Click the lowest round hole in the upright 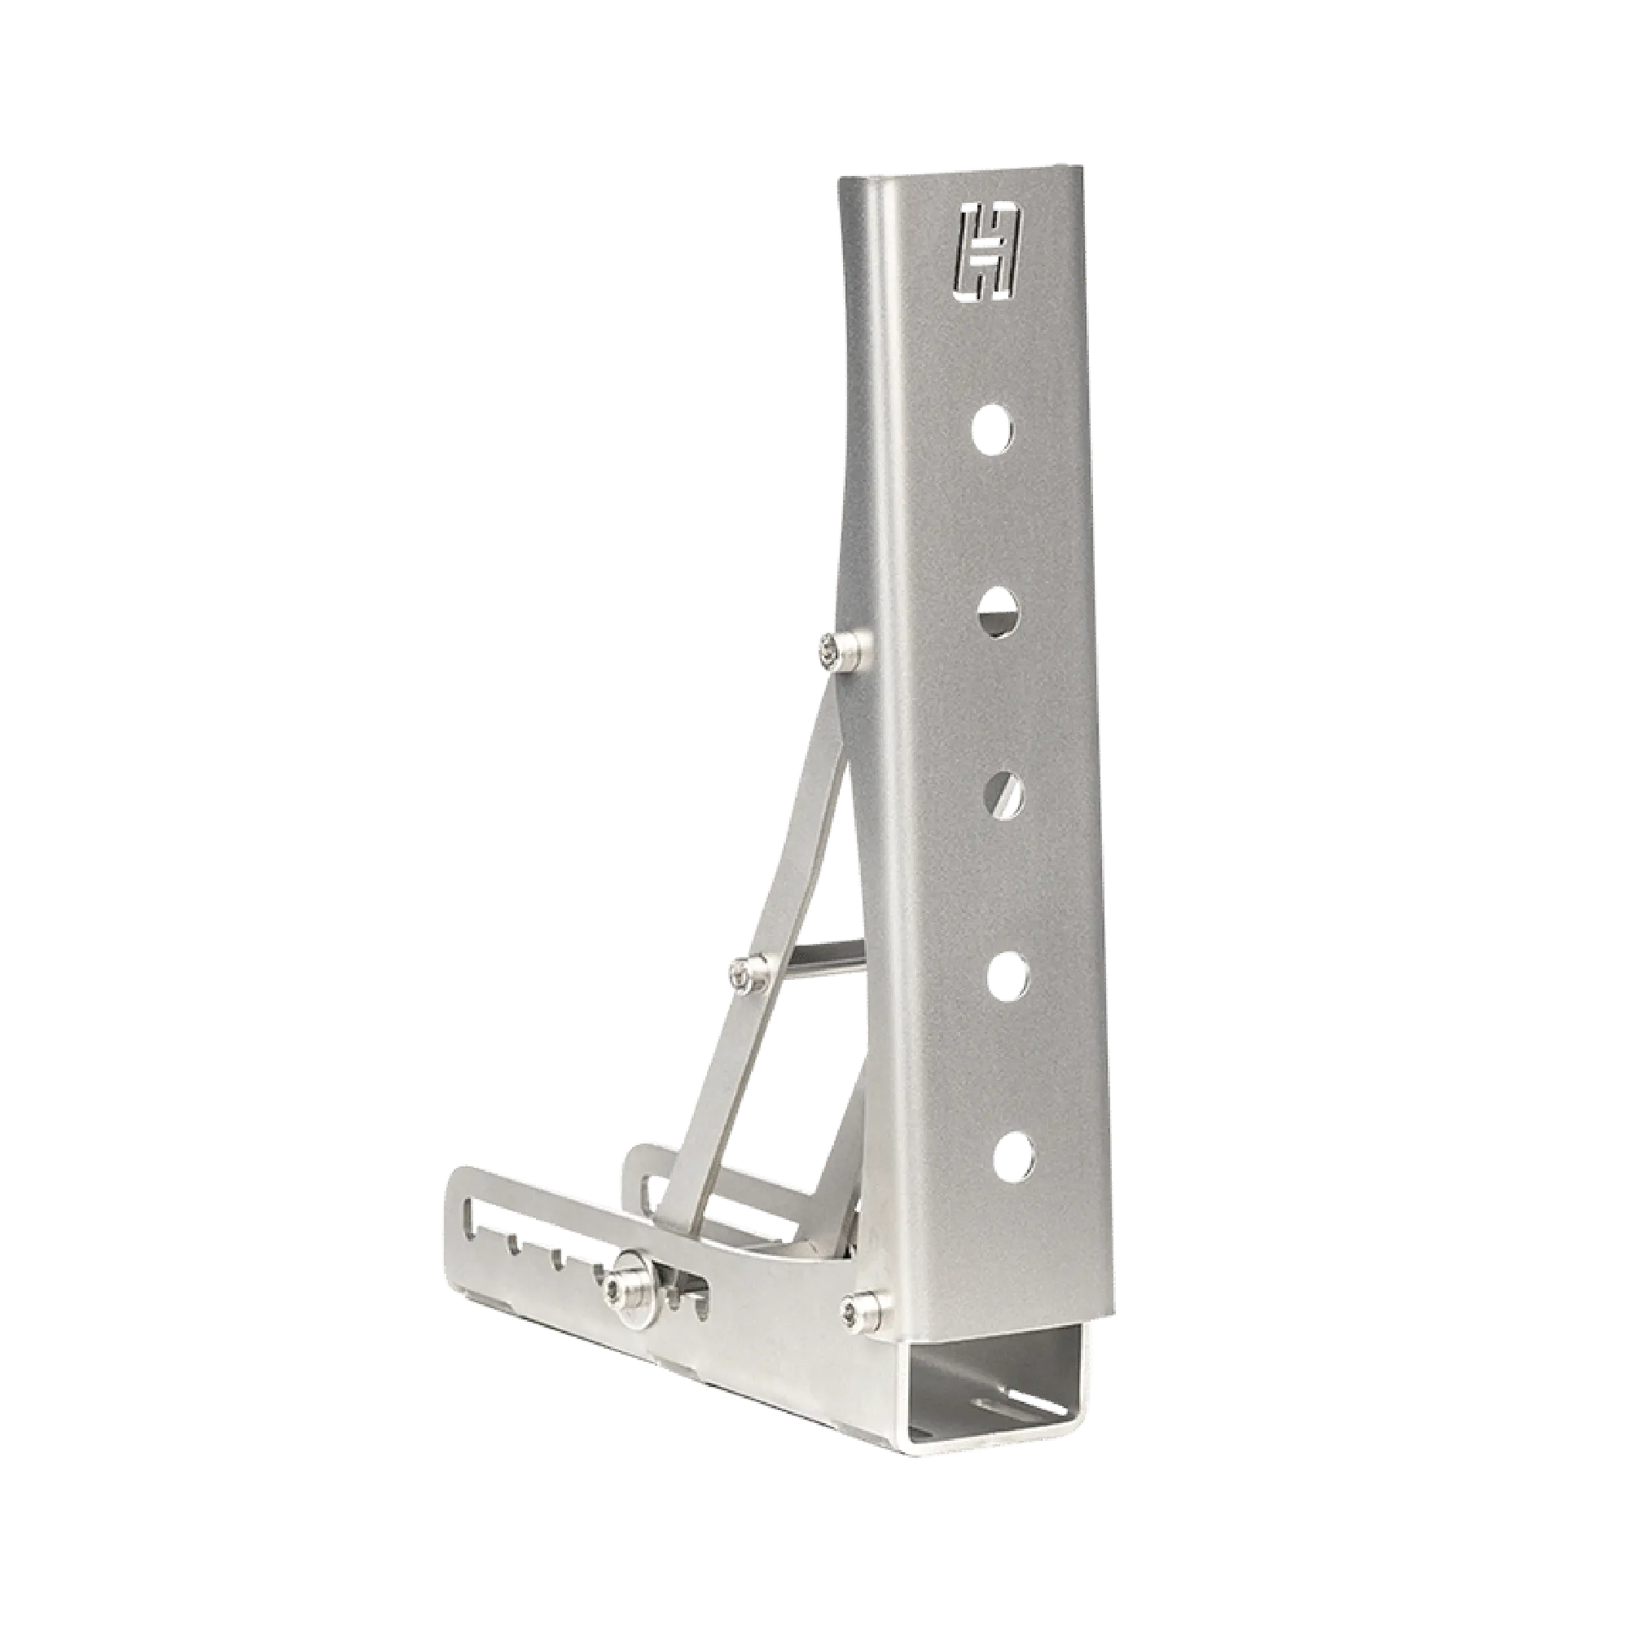(x=1013, y=1153)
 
